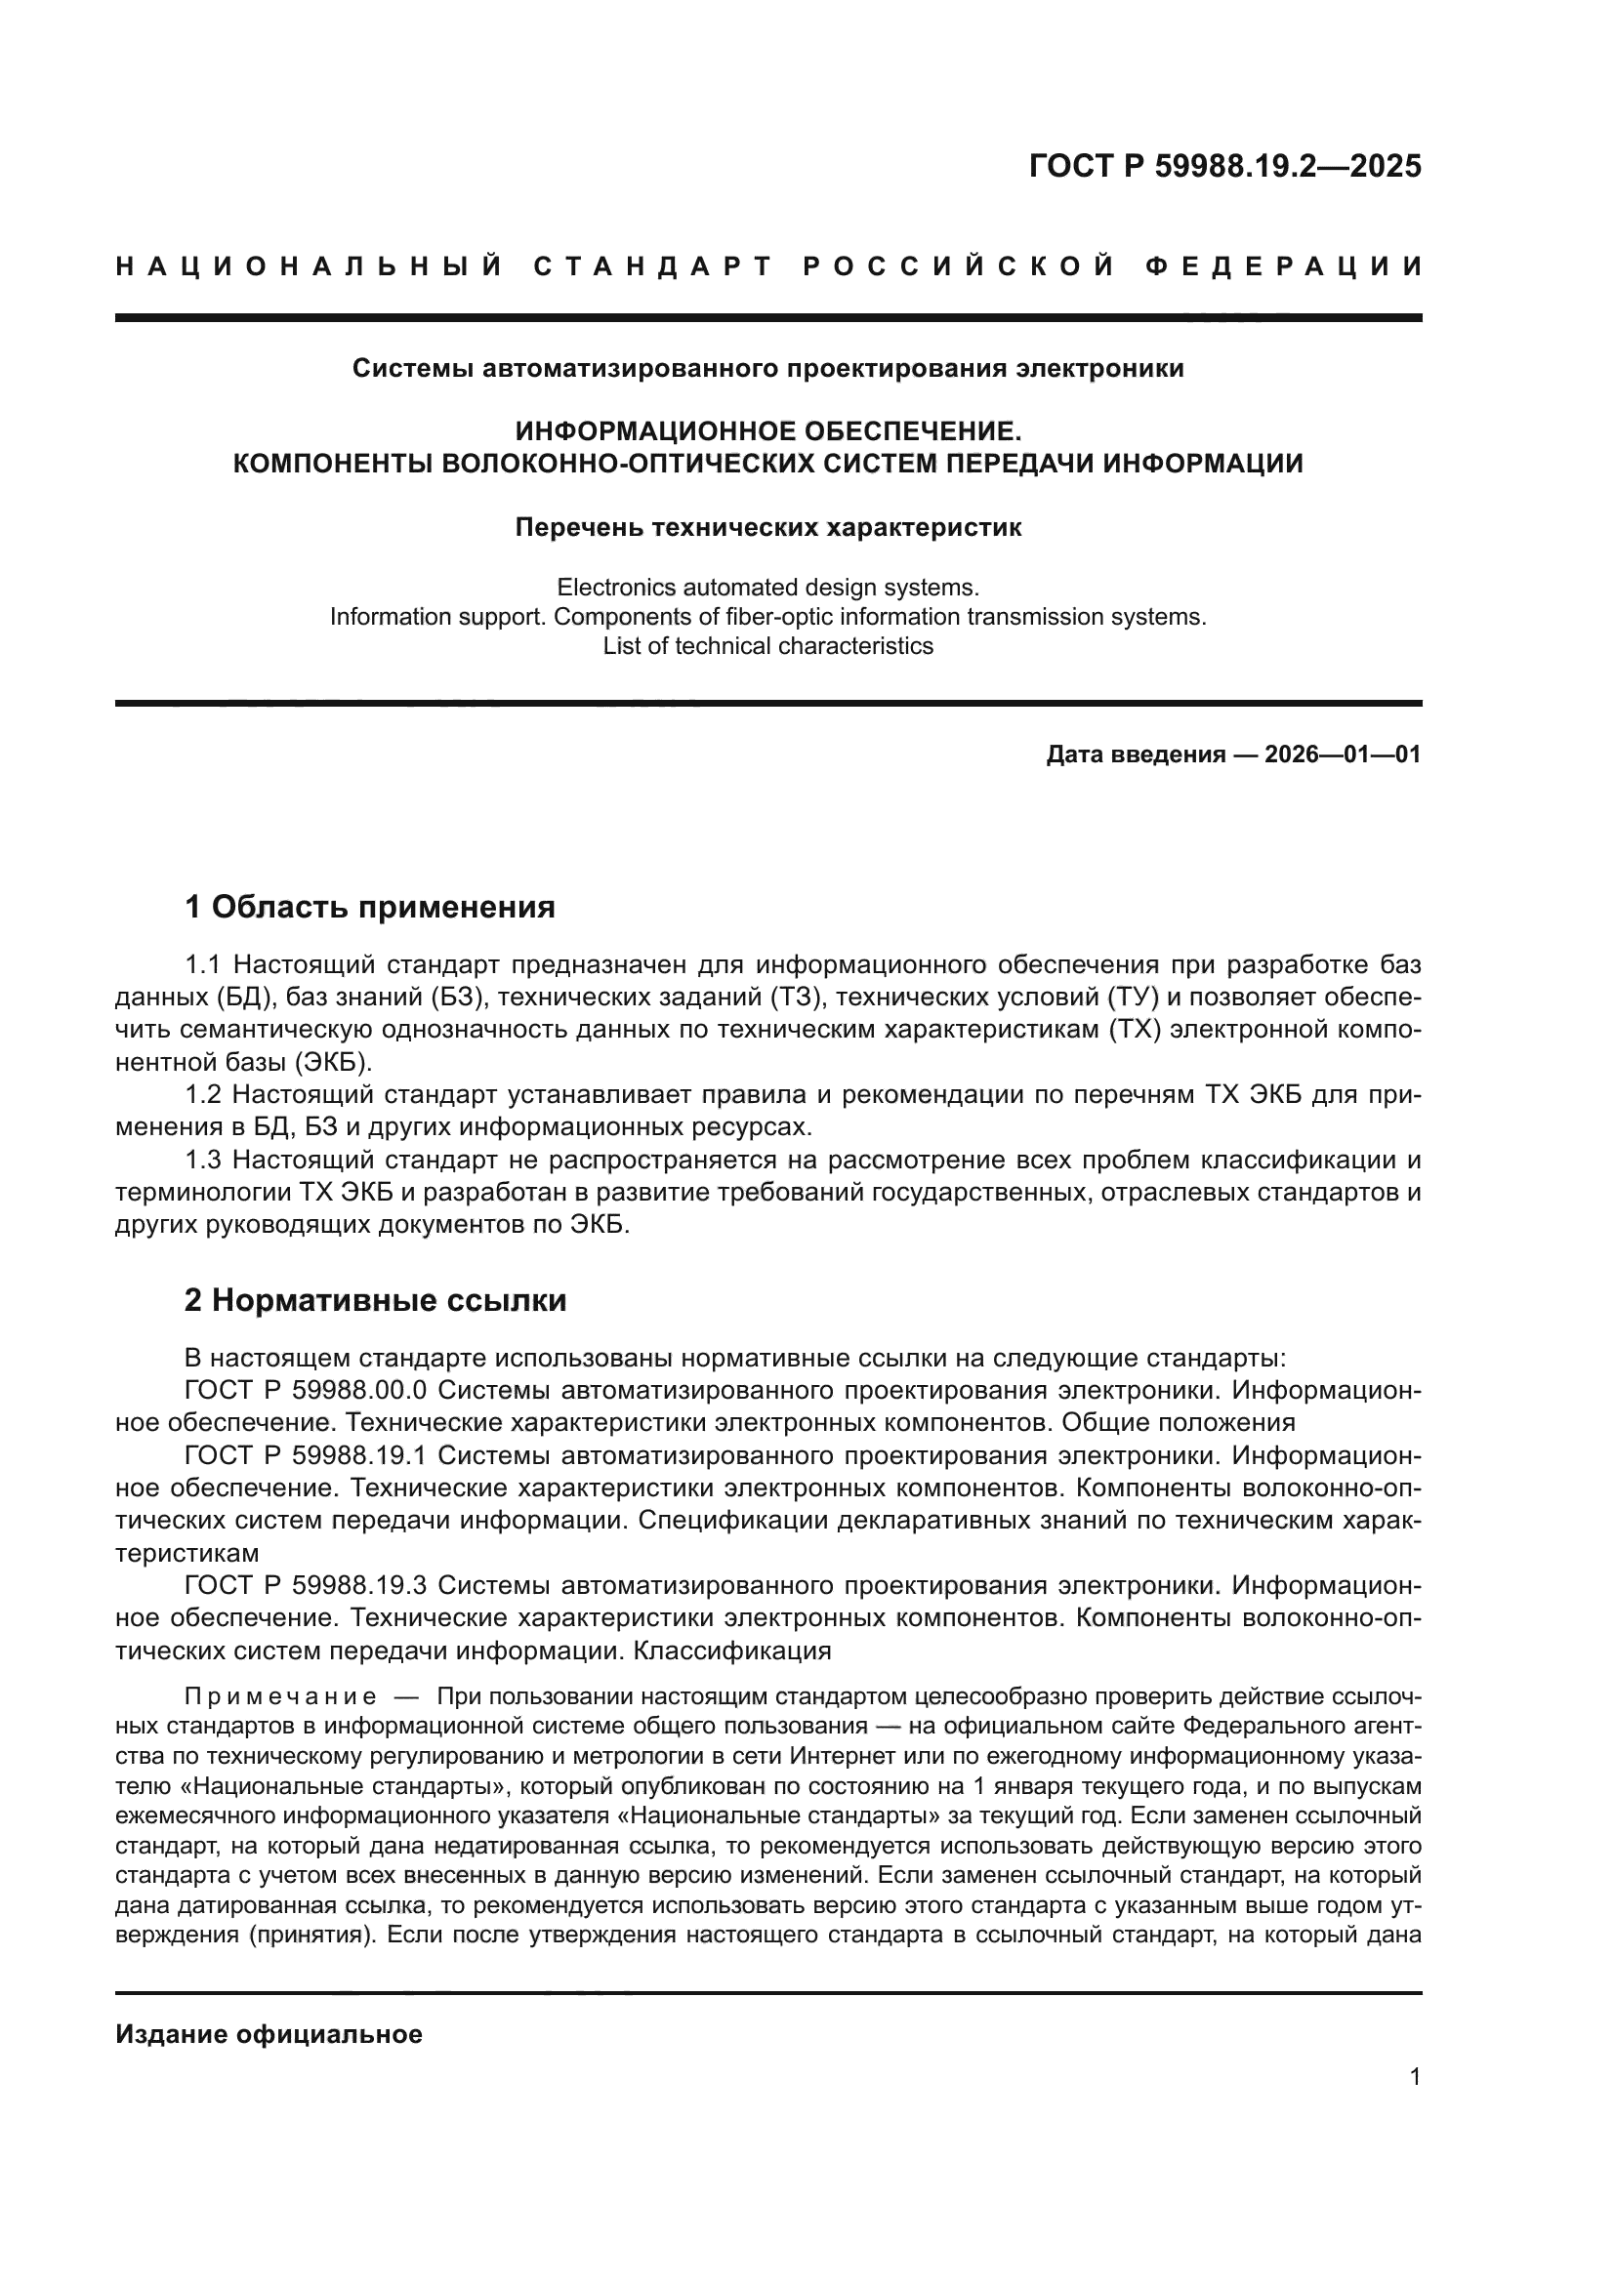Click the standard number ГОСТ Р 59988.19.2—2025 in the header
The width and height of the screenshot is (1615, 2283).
click(x=1224, y=166)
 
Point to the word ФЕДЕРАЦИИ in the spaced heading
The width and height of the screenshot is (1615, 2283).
click(x=1283, y=266)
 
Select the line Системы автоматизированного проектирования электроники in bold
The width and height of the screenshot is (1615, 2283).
click(x=767, y=369)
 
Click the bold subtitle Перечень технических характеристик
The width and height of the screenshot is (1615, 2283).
click(x=767, y=528)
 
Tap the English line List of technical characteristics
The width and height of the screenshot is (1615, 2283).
click(x=767, y=646)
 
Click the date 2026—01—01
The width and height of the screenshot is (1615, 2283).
click(x=1343, y=754)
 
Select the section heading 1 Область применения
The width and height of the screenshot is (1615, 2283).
click(x=369, y=907)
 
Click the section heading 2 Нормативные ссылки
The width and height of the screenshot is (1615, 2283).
click(x=375, y=1300)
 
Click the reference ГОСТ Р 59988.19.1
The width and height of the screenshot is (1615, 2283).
click(x=306, y=1455)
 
